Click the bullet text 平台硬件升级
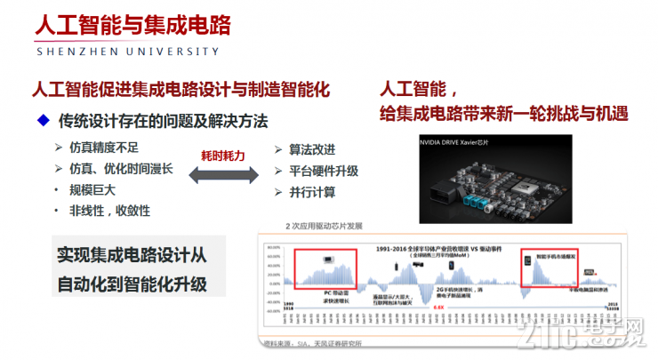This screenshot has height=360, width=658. tap(324, 170)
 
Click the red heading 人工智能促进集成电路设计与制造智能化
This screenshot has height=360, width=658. tap(181, 90)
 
